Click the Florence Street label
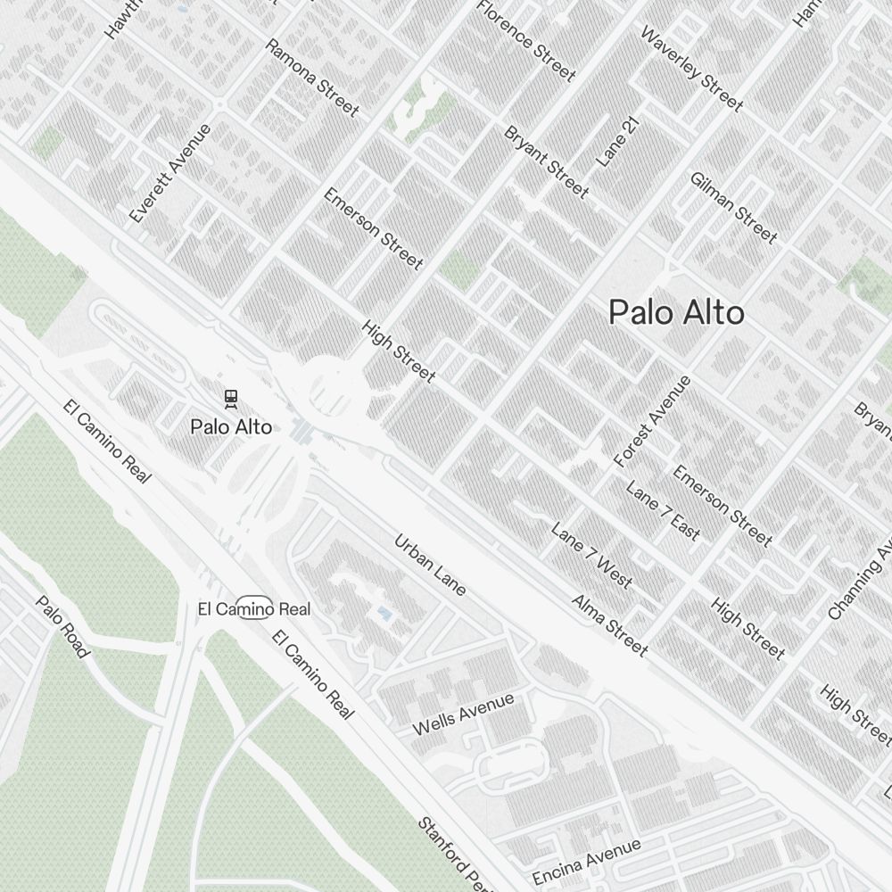pyautogui.click(x=526, y=40)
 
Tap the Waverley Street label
pyautogui.click(x=691, y=69)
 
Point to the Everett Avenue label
pyautogui.click(x=170, y=173)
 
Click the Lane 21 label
pyautogui.click(x=619, y=142)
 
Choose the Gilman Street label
pyautogui.click(x=733, y=207)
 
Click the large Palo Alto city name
pyautogui.click(x=676, y=313)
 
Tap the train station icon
pyautogui.click(x=231, y=398)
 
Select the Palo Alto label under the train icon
pyautogui.click(x=231, y=427)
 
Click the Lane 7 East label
pyautogui.click(x=663, y=510)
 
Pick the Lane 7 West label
pyautogui.click(x=591, y=556)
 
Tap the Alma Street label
pyautogui.click(x=610, y=625)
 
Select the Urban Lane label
pyautogui.click(x=430, y=565)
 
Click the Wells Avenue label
pyautogui.click(x=463, y=714)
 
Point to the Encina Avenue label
pyautogui.click(x=586, y=862)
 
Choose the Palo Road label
pyautogui.click(x=62, y=627)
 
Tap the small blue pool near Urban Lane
pyautogui.click(x=384, y=614)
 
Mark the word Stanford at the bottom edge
pyautogui.click(x=443, y=846)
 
